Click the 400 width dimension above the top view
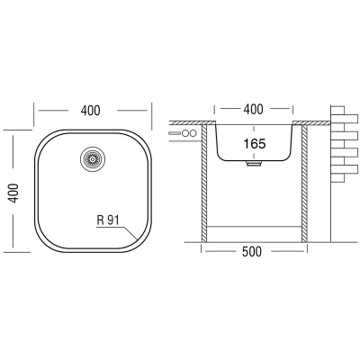(x=90, y=111)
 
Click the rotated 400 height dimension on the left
(x=13, y=193)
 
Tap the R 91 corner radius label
(x=108, y=220)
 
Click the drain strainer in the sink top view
(x=93, y=158)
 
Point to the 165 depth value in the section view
(x=255, y=144)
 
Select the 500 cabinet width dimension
(x=252, y=251)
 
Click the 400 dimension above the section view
(x=254, y=110)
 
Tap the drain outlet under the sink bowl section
(x=254, y=163)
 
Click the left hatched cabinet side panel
(x=204, y=184)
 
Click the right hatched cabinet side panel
(x=304, y=184)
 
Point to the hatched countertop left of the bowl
(x=193, y=122)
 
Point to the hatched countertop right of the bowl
(x=311, y=122)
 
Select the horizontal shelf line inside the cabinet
(x=255, y=227)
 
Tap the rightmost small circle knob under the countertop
(x=193, y=133)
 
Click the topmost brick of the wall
(x=337, y=110)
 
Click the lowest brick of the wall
(x=337, y=178)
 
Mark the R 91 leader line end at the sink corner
(x=137, y=239)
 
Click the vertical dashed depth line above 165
(x=255, y=131)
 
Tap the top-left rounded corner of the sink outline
(x=43, y=139)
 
